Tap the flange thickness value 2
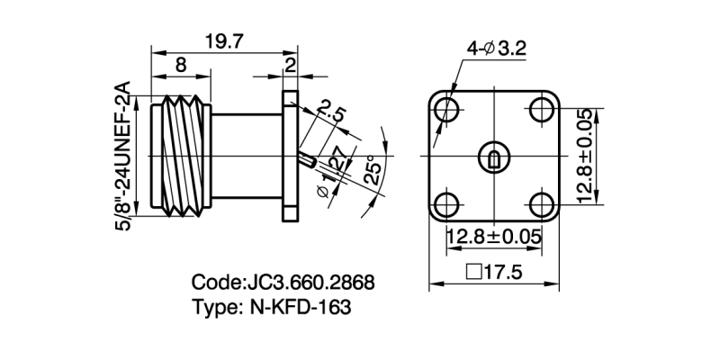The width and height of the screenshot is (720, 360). tap(290, 65)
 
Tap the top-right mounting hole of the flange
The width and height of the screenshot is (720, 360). tap(542, 110)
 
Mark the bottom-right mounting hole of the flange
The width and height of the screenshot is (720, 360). tap(542, 203)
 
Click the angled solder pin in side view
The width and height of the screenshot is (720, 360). tap(307, 162)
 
